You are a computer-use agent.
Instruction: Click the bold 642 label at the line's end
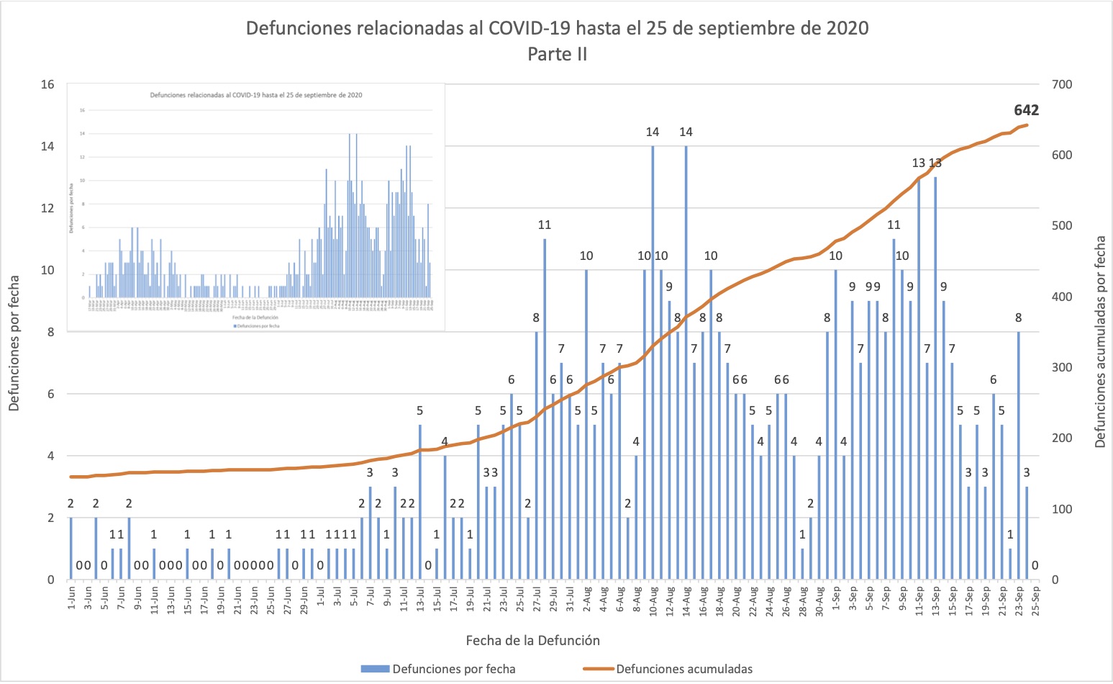1026,110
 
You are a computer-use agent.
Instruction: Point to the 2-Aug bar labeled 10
586,424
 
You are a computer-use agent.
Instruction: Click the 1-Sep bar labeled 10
836,424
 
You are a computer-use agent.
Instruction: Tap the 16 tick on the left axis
47,84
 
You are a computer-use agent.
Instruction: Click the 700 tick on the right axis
1061,84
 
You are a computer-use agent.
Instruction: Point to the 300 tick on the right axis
1061,367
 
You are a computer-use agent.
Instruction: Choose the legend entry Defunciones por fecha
439,669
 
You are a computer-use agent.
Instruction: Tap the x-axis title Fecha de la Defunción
532,640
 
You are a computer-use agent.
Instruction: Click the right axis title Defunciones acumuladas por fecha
1100,342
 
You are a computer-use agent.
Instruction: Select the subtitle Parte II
557,54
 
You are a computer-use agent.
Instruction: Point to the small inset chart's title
255,95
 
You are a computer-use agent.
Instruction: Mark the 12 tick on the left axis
47,208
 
